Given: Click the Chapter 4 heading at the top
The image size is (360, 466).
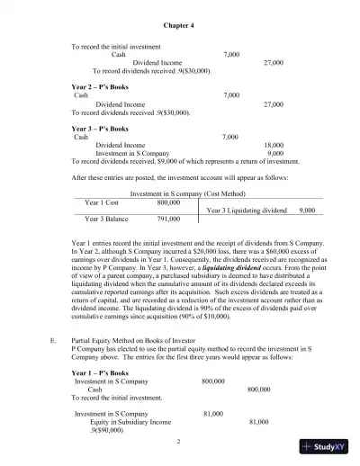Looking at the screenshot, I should click(x=180, y=26).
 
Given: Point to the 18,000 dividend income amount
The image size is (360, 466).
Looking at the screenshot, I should click(x=274, y=145).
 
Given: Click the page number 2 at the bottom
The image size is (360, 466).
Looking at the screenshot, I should click(x=179, y=441).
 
